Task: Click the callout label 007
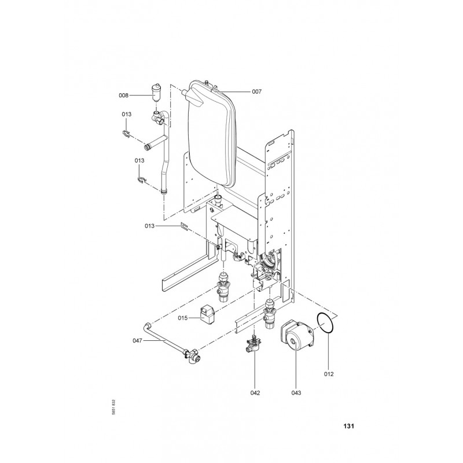256,91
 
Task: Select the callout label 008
123,95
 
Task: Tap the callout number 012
329,374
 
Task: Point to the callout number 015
182,318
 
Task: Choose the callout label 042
255,393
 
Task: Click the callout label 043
296,393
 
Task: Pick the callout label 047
137,341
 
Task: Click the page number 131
349,426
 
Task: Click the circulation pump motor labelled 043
296,336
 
